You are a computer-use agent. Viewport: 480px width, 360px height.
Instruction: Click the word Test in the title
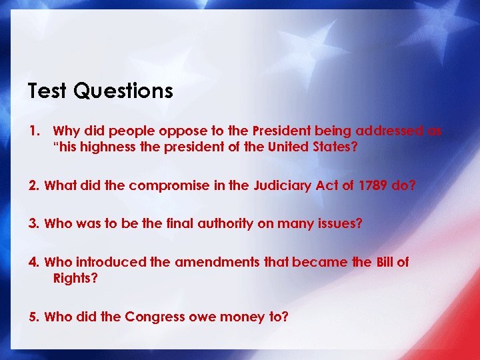tap(47, 91)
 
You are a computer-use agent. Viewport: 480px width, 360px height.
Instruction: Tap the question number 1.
tap(33, 131)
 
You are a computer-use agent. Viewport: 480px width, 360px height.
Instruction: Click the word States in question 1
tap(335, 147)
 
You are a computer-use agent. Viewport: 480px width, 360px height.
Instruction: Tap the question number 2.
tap(33, 186)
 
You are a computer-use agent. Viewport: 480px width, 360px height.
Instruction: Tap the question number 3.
tap(33, 224)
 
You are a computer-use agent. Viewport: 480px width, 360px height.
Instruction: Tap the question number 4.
tap(33, 262)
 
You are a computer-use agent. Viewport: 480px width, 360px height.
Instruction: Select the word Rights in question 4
tap(75, 277)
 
